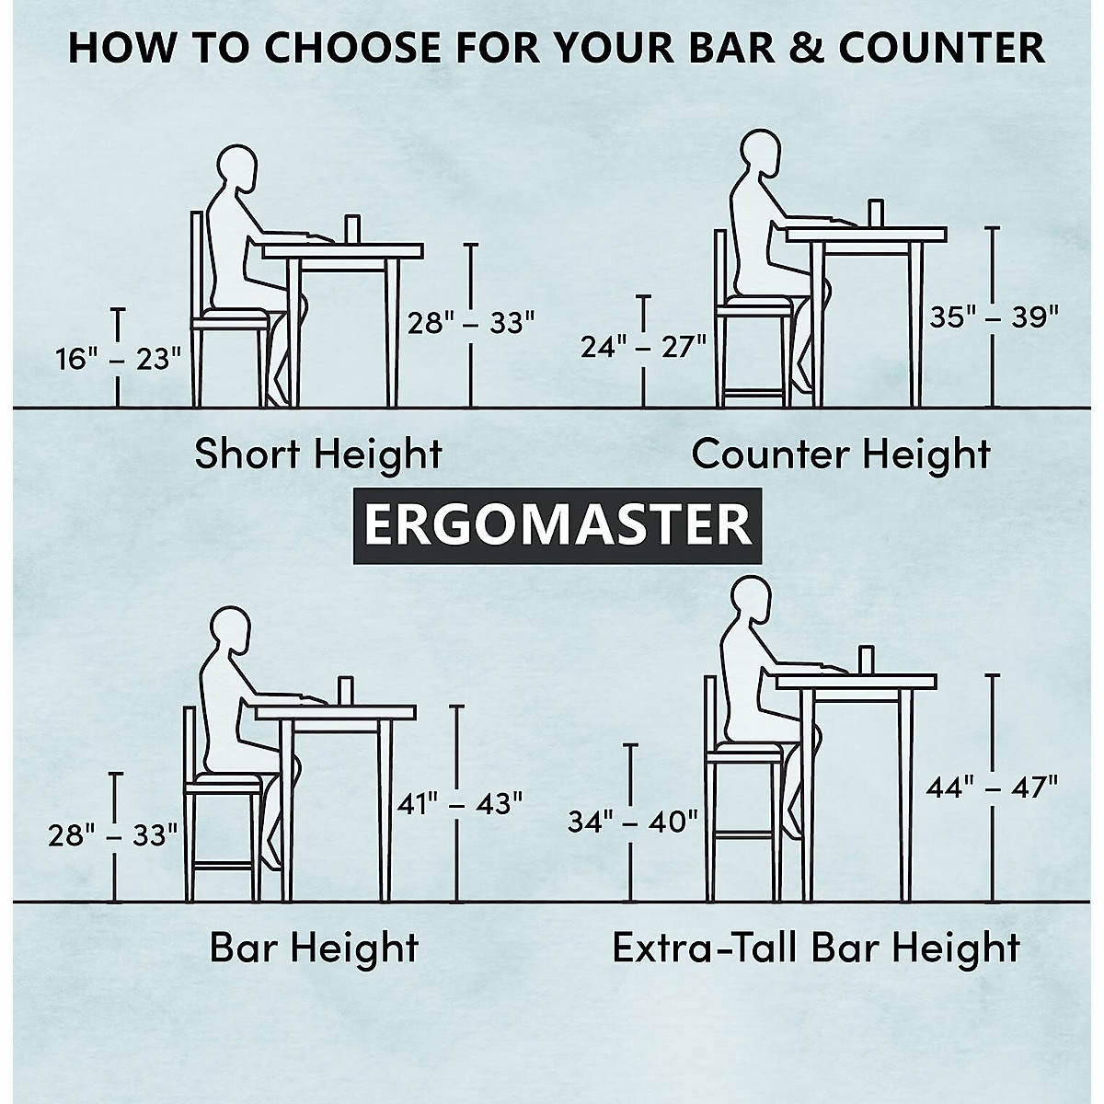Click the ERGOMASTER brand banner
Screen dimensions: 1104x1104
point(558,525)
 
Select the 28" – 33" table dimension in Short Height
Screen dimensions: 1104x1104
point(471,323)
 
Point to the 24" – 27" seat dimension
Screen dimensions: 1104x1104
point(643,345)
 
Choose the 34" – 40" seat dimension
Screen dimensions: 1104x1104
point(632,821)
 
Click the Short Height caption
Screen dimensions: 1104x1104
point(318,454)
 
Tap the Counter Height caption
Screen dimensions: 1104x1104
point(841,454)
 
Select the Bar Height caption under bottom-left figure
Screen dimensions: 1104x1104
point(314,947)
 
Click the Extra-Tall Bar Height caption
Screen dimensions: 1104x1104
point(816,947)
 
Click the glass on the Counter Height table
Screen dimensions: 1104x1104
point(875,213)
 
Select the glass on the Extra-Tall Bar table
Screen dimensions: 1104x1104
point(866,659)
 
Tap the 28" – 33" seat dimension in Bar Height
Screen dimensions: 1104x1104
point(113,835)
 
